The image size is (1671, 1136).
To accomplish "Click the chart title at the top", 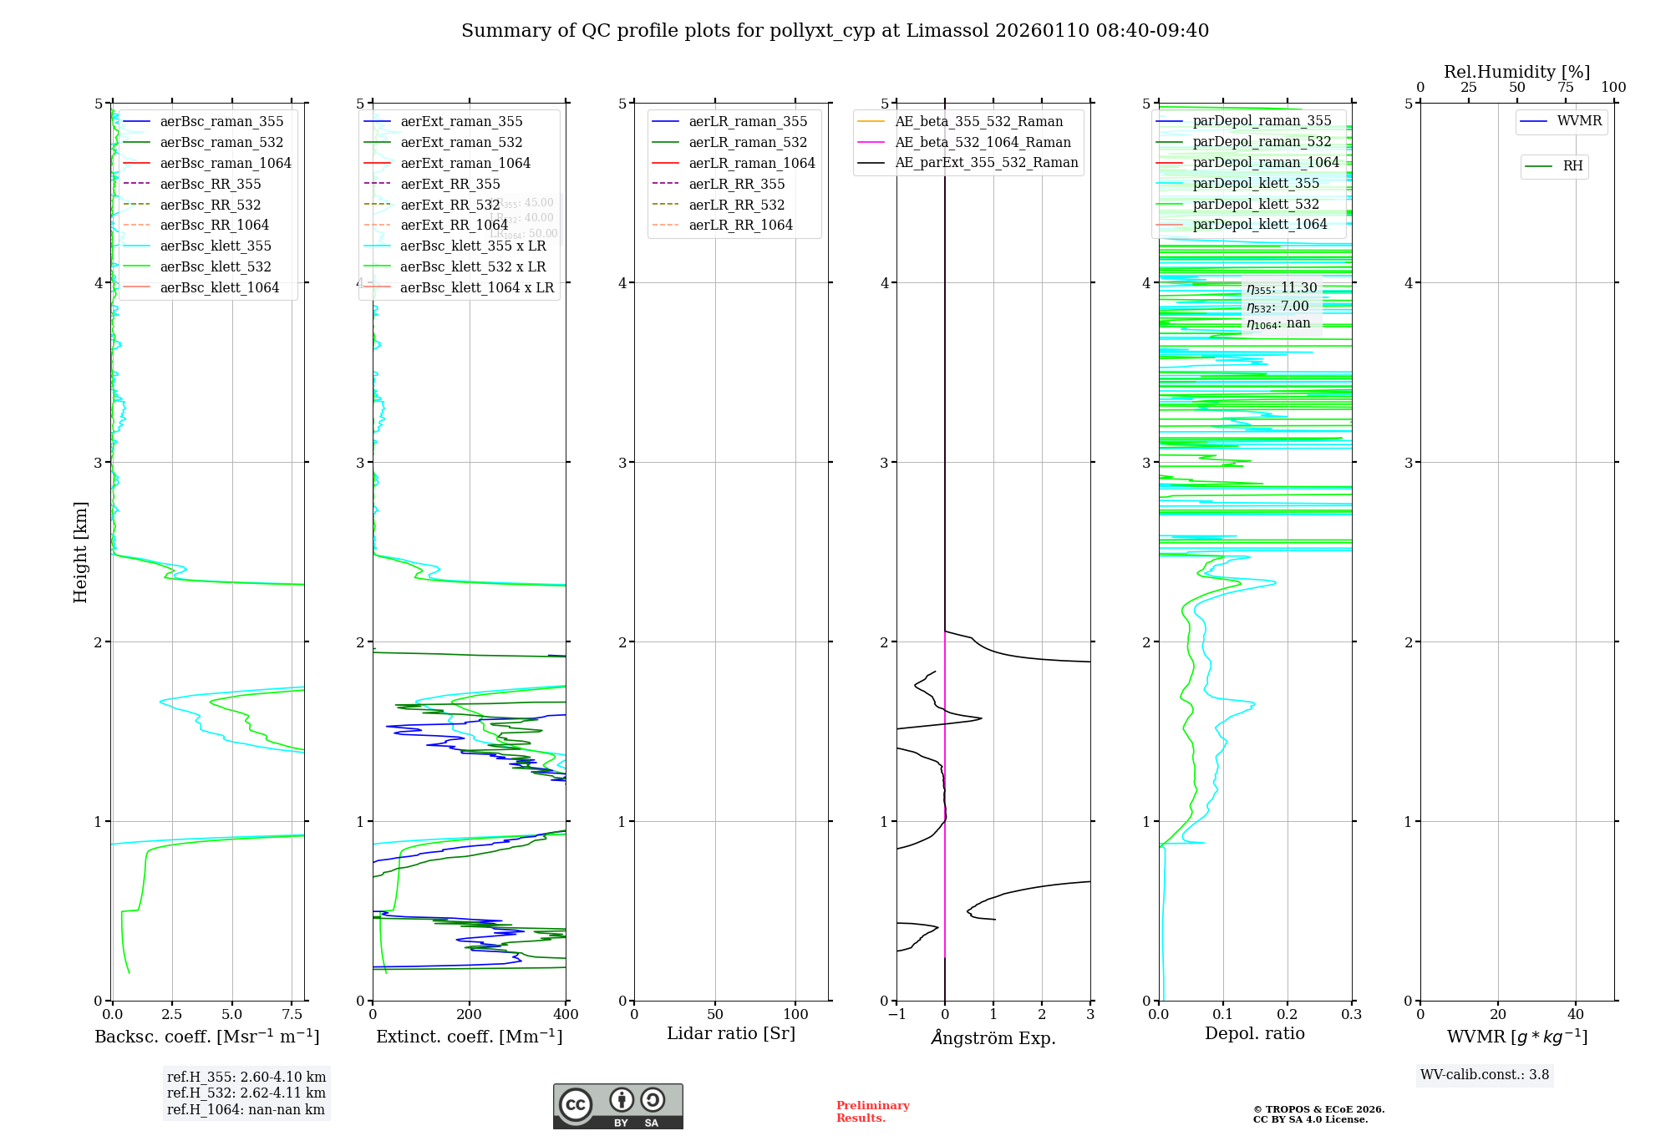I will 835,31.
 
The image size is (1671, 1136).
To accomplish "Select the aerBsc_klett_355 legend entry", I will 216,246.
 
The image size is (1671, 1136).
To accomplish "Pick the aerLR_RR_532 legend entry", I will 736,205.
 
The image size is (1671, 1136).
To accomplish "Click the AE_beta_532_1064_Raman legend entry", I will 983,142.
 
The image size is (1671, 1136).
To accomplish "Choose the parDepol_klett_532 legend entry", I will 1256,204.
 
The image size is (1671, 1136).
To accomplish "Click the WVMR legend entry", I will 1579,121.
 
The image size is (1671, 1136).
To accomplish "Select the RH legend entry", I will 1572,166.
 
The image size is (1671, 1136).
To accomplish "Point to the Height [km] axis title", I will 80,551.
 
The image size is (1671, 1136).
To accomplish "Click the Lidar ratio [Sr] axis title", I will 731,1033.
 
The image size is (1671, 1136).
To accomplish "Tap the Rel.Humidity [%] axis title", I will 1516,72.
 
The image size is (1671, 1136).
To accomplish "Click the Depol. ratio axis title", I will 1254,1033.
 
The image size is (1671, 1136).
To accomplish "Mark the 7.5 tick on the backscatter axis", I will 292,1014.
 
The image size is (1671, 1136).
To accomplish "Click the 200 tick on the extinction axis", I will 470,1014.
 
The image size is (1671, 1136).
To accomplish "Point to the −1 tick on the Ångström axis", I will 896,1014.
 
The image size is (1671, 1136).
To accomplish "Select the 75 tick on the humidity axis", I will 1565,88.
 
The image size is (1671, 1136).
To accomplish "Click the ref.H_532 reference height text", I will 246,1093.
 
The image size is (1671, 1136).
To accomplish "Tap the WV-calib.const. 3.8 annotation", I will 1485,1074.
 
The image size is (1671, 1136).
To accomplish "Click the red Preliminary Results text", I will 872,1112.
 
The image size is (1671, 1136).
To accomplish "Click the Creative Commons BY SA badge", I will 617,1106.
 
